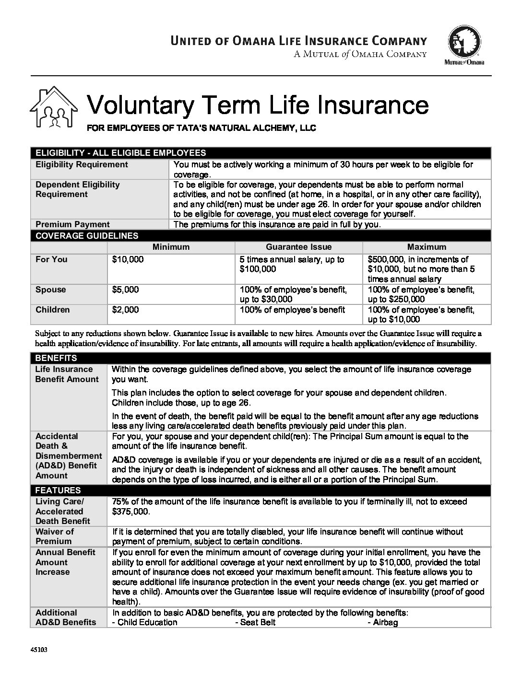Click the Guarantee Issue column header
(x=298, y=247)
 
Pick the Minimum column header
(x=171, y=247)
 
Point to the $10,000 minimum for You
(x=128, y=259)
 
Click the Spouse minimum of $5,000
(x=125, y=290)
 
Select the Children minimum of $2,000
(x=125, y=310)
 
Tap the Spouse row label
(x=51, y=290)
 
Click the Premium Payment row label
(x=72, y=224)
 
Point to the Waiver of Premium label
(x=55, y=536)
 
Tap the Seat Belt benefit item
(x=256, y=622)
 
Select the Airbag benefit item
(x=383, y=622)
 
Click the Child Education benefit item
(x=144, y=622)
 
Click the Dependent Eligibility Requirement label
(x=78, y=189)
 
